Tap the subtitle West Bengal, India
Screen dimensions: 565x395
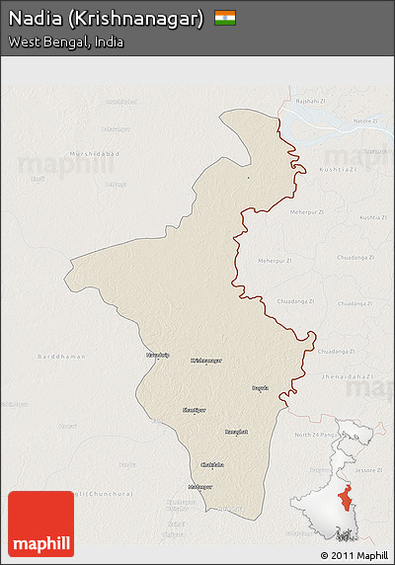point(66,42)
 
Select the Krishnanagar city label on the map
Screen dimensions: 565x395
point(206,361)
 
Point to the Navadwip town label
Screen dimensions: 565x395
point(158,354)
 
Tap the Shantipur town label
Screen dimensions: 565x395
point(195,409)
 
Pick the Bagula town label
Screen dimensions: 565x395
point(260,388)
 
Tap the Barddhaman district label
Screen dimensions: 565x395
point(55,356)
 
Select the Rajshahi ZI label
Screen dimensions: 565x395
point(311,101)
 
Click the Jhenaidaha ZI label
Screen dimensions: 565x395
point(347,376)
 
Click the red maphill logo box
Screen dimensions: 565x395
point(40,524)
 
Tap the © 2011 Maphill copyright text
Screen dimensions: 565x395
point(354,555)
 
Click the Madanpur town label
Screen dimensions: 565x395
point(200,486)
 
